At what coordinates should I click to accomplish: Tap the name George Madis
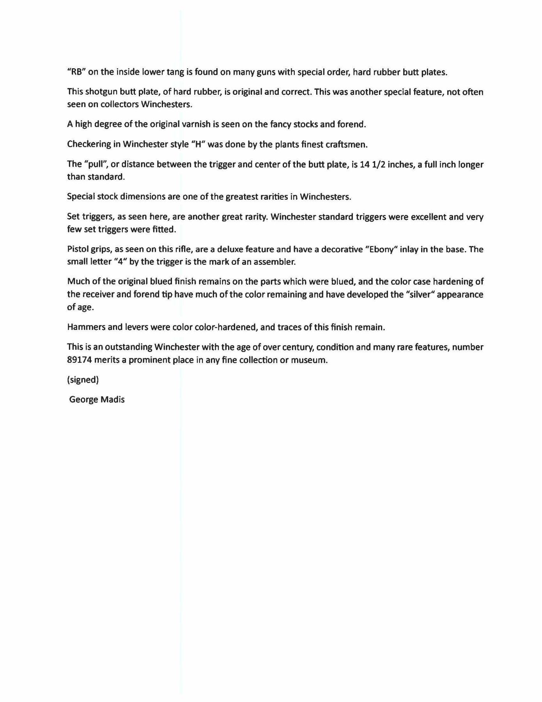point(97,400)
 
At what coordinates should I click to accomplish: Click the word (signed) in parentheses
point(83,380)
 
